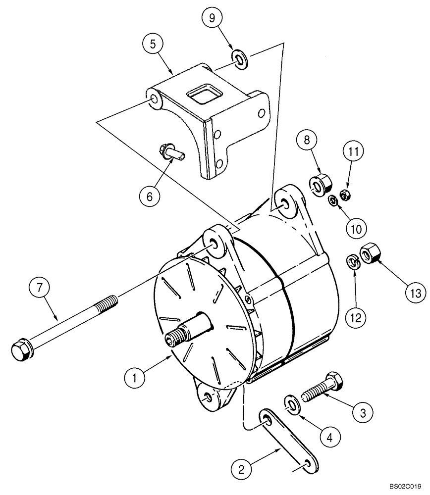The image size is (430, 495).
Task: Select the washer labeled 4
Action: coord(292,403)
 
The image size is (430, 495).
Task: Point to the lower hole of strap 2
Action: coord(308,463)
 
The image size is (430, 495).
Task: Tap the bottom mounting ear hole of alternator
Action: coord(207,397)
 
